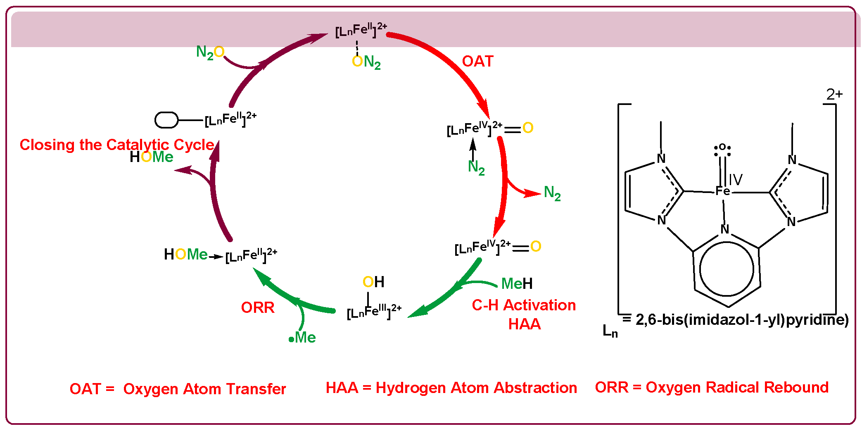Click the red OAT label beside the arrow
click(477, 61)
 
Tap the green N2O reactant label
click(210, 52)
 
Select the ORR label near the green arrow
click(258, 307)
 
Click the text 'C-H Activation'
click(524, 305)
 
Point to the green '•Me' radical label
click(302, 338)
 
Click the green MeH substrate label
click(517, 283)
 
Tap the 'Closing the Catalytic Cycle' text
click(117, 145)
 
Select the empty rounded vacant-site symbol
click(166, 120)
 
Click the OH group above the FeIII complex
click(373, 282)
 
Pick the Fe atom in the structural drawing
click(723, 191)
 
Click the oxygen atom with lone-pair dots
click(722, 148)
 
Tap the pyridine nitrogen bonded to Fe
click(725, 229)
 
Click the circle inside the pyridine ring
click(727, 269)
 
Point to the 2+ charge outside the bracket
click(834, 95)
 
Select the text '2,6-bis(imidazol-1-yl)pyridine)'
click(742, 320)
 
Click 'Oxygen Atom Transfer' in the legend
click(204, 389)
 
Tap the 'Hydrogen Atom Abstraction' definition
click(476, 388)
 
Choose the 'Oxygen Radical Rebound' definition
click(737, 387)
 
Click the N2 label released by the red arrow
click(552, 193)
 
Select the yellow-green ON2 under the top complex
click(366, 62)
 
